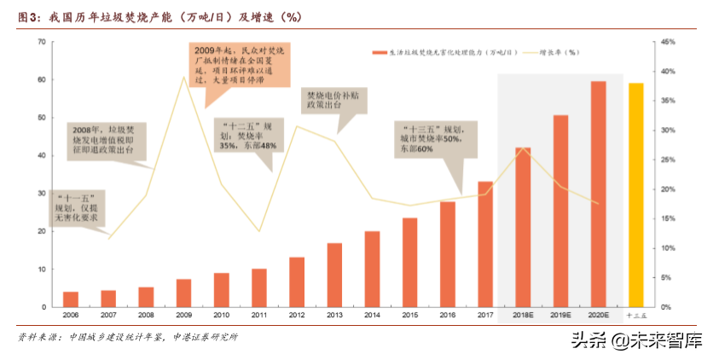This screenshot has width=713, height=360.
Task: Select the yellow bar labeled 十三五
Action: coord(635,195)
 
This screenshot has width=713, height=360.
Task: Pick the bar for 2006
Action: coord(71,299)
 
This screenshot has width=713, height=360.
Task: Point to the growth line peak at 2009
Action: coord(183,78)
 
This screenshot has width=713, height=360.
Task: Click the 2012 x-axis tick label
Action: coord(297,315)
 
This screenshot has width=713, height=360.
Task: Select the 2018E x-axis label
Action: coord(523,315)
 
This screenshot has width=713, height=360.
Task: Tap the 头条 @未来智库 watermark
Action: coord(636,342)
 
